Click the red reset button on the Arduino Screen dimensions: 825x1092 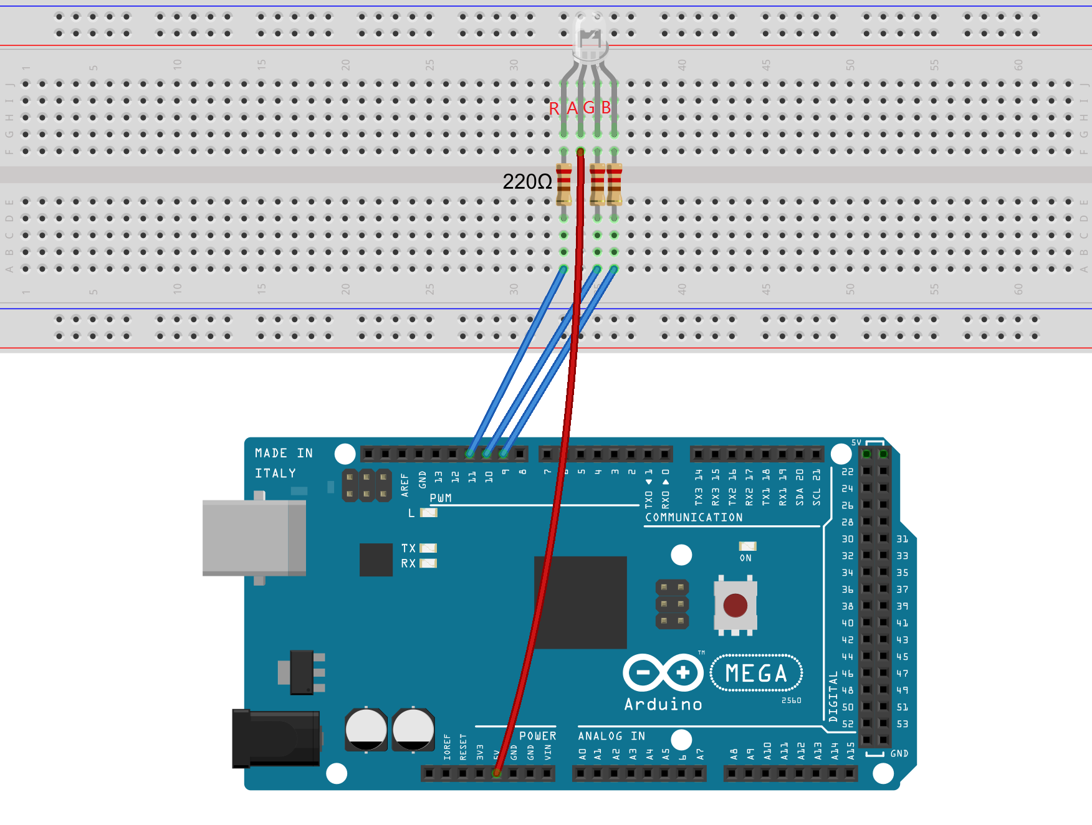(735, 605)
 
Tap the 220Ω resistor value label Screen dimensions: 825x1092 (527, 182)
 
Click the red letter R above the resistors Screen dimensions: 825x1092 (553, 109)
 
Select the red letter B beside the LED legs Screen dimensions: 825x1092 (606, 108)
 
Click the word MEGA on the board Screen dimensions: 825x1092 (756, 674)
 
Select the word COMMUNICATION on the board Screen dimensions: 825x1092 (694, 518)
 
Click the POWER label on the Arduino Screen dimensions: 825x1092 (537, 736)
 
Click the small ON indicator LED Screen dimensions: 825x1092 (747, 546)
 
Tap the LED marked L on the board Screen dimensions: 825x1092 (429, 513)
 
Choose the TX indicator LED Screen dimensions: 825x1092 (428, 548)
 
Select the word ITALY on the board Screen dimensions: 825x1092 (275, 474)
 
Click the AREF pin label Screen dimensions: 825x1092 (405, 484)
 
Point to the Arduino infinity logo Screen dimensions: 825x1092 (663, 672)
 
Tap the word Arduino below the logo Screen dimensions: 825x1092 (663, 705)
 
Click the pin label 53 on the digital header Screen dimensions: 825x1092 (902, 724)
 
